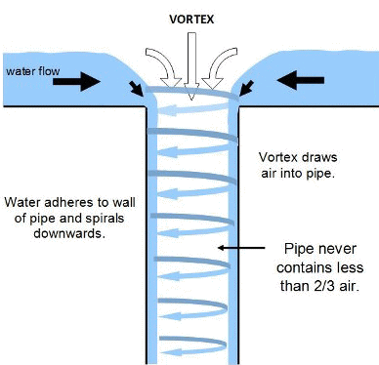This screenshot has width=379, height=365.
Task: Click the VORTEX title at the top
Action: tap(189, 19)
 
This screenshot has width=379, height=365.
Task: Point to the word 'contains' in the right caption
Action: tap(304, 267)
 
